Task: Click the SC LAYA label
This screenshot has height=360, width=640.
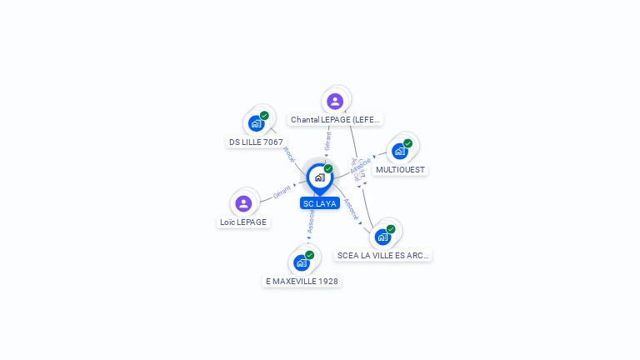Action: point(320,203)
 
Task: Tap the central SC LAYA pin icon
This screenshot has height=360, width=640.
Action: point(319,177)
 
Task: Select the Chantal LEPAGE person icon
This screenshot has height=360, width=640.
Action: point(335,102)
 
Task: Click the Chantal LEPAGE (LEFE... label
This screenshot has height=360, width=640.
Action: point(335,120)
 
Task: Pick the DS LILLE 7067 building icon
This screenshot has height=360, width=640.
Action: point(256,123)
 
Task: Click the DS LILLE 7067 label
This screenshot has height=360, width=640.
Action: point(256,142)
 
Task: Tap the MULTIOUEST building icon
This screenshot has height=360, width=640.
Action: point(400,151)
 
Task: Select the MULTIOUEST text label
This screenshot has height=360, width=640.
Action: point(400,170)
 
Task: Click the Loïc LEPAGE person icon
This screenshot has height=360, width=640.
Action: point(243,203)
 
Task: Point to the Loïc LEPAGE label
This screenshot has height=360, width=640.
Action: point(243,222)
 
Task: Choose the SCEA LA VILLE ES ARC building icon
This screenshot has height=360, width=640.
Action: point(382,237)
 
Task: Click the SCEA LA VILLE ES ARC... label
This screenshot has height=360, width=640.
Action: point(383,256)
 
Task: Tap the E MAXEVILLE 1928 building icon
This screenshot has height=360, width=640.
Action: point(302,262)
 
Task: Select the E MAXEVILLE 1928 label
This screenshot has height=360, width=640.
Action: point(302,282)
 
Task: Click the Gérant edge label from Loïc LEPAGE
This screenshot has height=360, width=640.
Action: point(282,192)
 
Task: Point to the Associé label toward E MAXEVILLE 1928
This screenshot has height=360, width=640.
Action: point(311,221)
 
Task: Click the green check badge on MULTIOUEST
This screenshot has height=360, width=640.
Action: point(407,143)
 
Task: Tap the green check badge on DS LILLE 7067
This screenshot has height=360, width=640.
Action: point(264,116)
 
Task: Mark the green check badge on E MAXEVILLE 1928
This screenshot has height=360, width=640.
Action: point(309,255)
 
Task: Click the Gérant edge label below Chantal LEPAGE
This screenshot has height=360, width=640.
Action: point(327,141)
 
